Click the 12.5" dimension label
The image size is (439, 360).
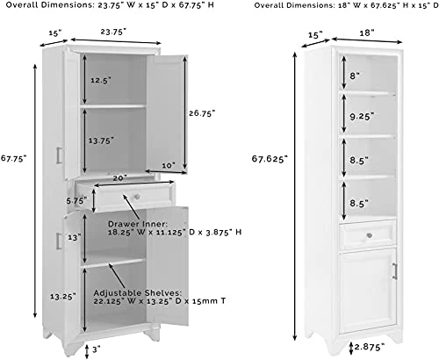click(x=100, y=80)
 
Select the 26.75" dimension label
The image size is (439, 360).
click(x=203, y=112)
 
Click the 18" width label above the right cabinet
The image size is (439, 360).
click(x=366, y=32)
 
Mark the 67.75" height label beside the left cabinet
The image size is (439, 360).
click(x=15, y=158)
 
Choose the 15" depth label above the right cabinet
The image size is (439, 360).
click(x=315, y=37)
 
